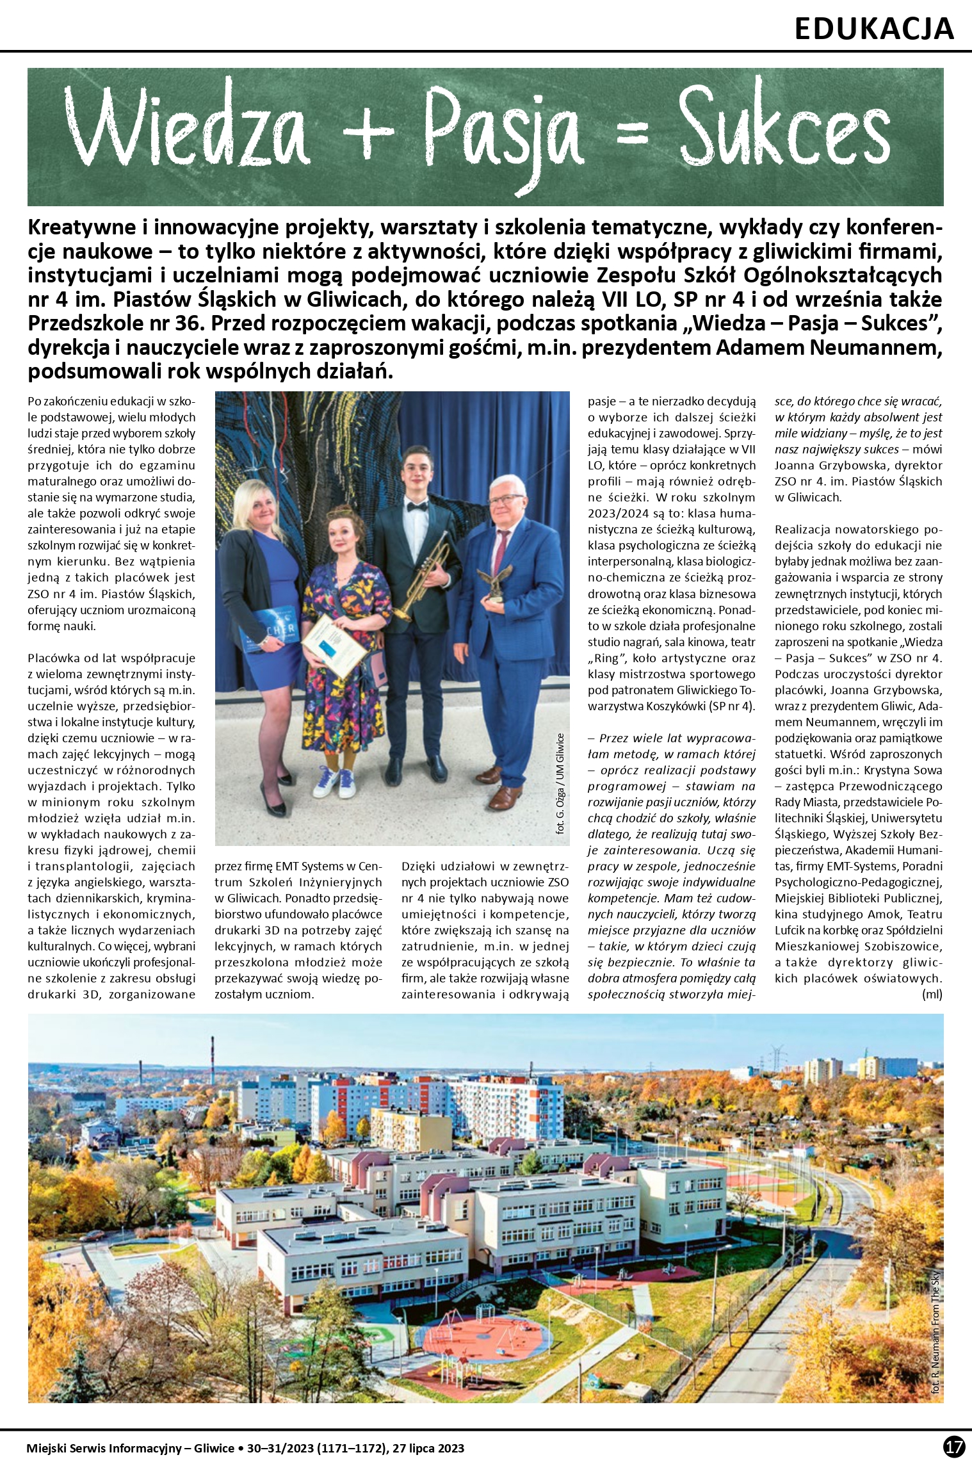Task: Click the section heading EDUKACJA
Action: pyautogui.click(x=873, y=28)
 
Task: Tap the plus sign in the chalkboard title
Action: pyautogui.click(x=367, y=131)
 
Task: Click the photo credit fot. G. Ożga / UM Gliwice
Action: pyautogui.click(x=561, y=783)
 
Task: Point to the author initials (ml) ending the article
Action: pyautogui.click(x=932, y=994)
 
